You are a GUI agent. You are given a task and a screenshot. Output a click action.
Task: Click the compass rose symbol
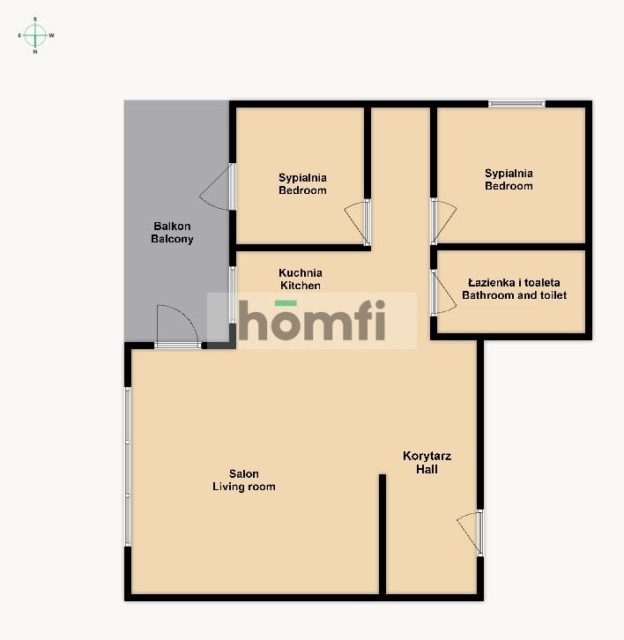[x=35, y=35]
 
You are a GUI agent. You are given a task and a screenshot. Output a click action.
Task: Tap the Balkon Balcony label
[x=172, y=233]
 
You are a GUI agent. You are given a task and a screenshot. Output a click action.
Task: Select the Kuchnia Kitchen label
[x=301, y=279]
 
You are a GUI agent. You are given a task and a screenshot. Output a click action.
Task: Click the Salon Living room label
[x=244, y=480]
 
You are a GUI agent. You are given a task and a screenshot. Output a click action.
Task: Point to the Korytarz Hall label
[x=427, y=463]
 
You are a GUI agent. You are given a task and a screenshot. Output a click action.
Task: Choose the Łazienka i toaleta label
[x=514, y=289]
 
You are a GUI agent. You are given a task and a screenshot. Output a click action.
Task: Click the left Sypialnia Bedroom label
[x=302, y=183]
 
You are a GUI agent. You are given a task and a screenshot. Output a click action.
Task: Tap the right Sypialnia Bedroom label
[x=509, y=180]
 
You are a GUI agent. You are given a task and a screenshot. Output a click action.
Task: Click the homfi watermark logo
[x=312, y=320]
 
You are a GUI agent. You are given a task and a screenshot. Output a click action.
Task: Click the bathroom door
[x=437, y=292]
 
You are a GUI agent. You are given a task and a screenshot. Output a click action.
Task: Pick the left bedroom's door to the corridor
[x=360, y=221]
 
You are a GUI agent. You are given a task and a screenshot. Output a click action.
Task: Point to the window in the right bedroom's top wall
[x=517, y=104]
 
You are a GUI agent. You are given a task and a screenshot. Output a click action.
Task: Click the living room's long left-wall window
[x=128, y=466]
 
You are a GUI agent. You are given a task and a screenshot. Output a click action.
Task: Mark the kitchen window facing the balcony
[x=232, y=295]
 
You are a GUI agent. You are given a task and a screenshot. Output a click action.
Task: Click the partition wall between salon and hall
[x=383, y=533]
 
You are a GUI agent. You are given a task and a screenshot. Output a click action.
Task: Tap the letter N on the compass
[x=35, y=52]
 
